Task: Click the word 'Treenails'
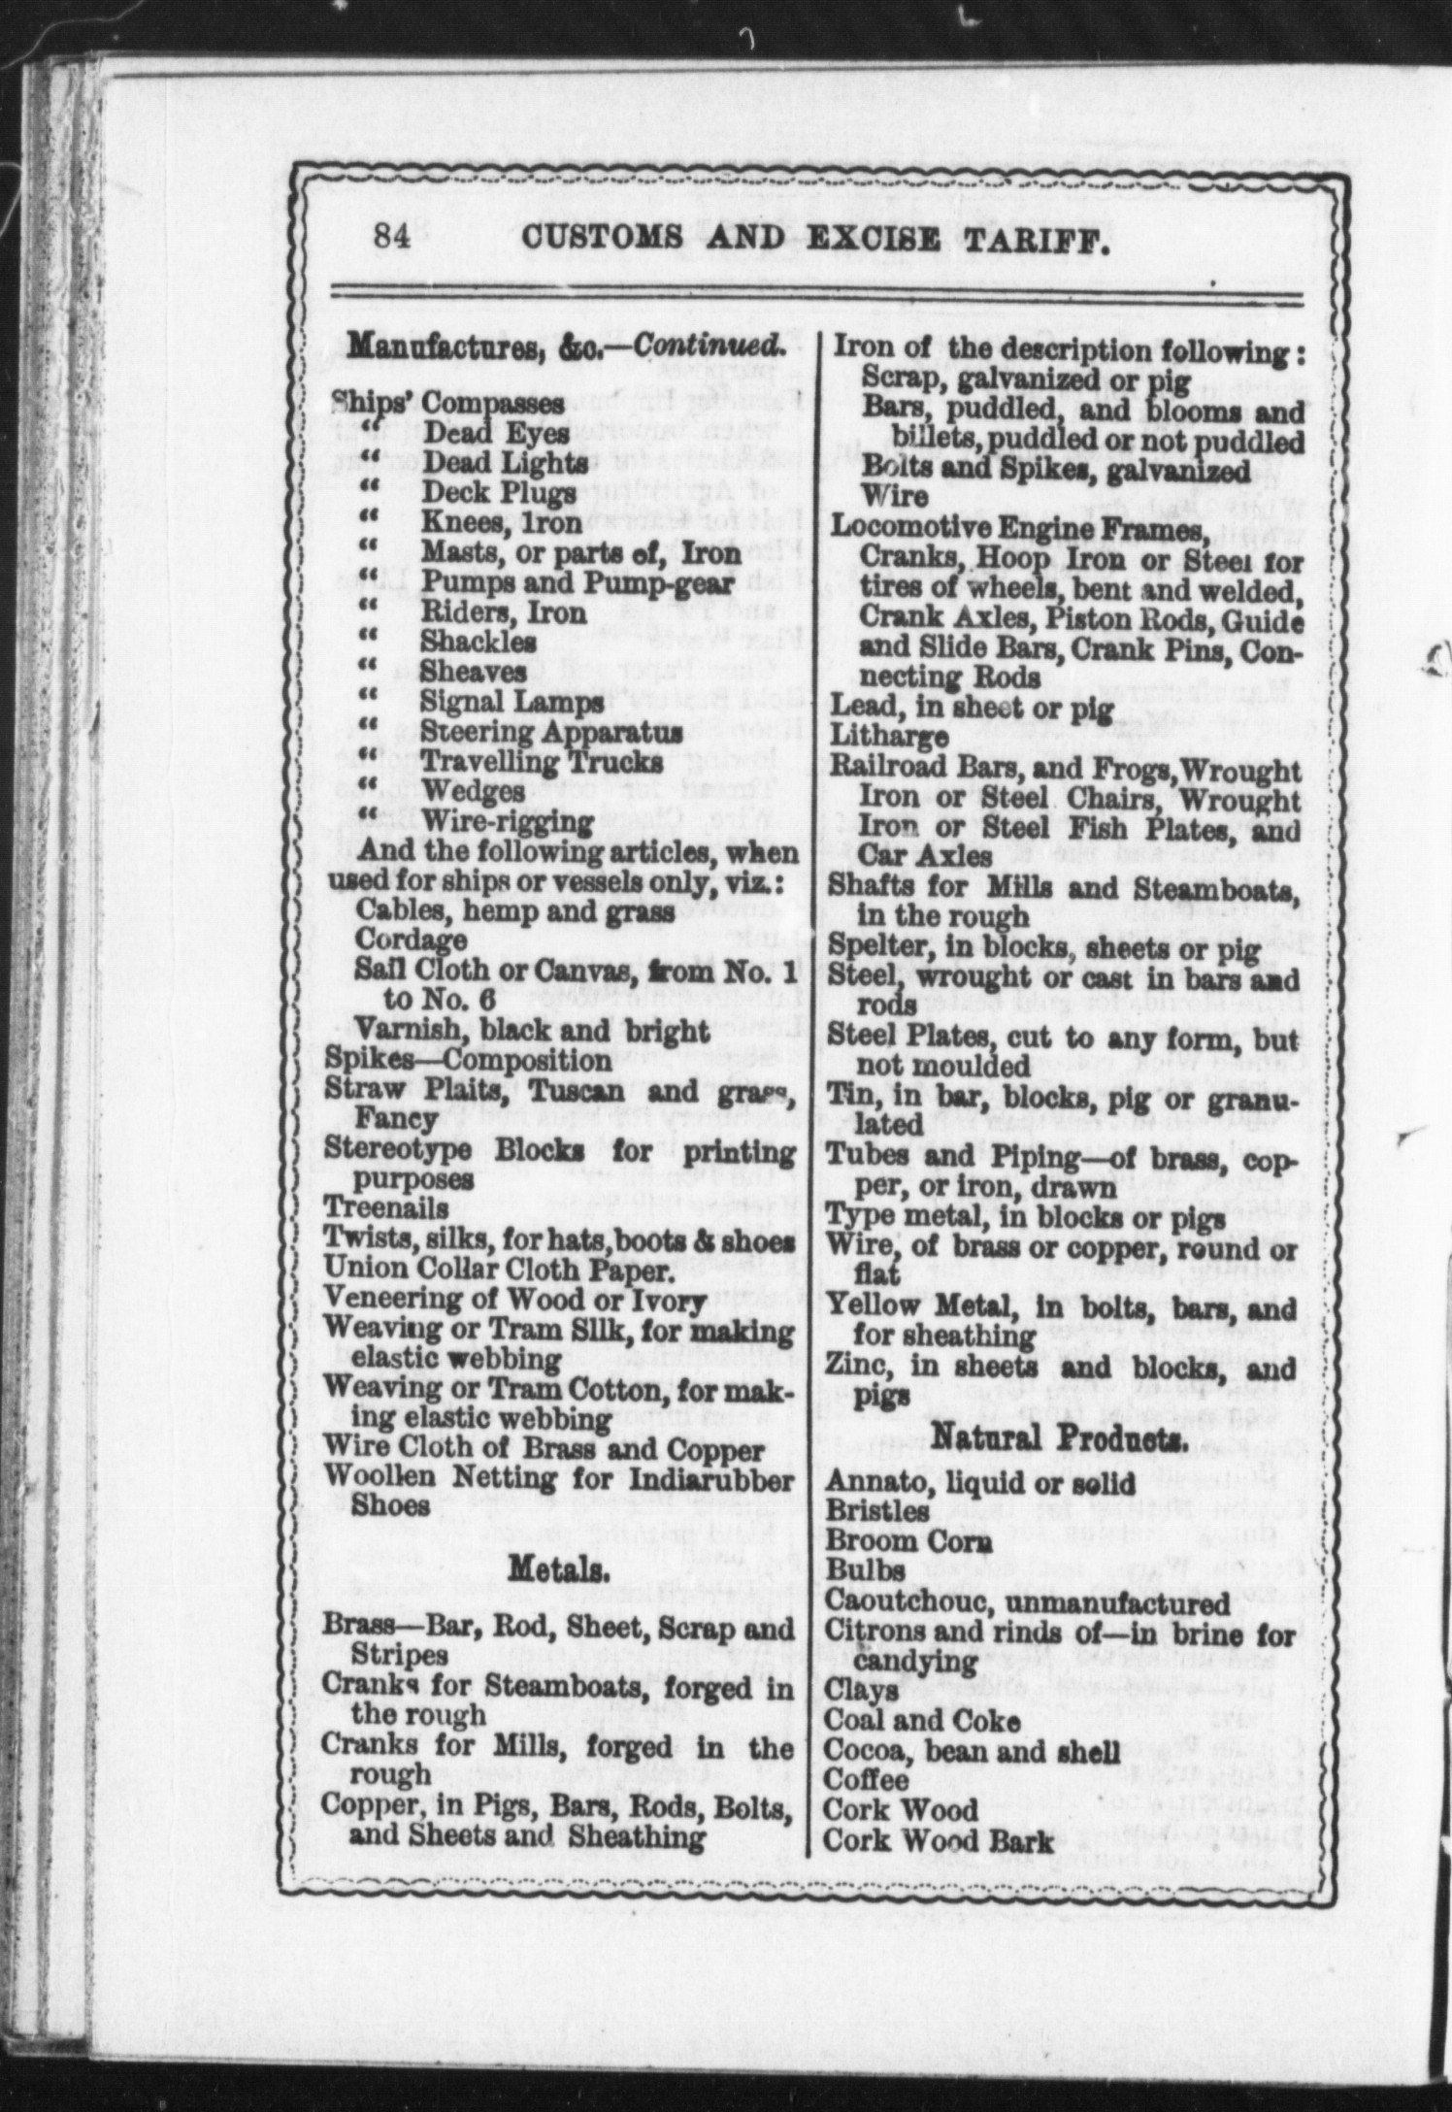[x=385, y=1208]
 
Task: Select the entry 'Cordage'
[x=411, y=940]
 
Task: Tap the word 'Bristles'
[x=877, y=1511]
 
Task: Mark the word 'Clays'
[x=862, y=1690]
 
